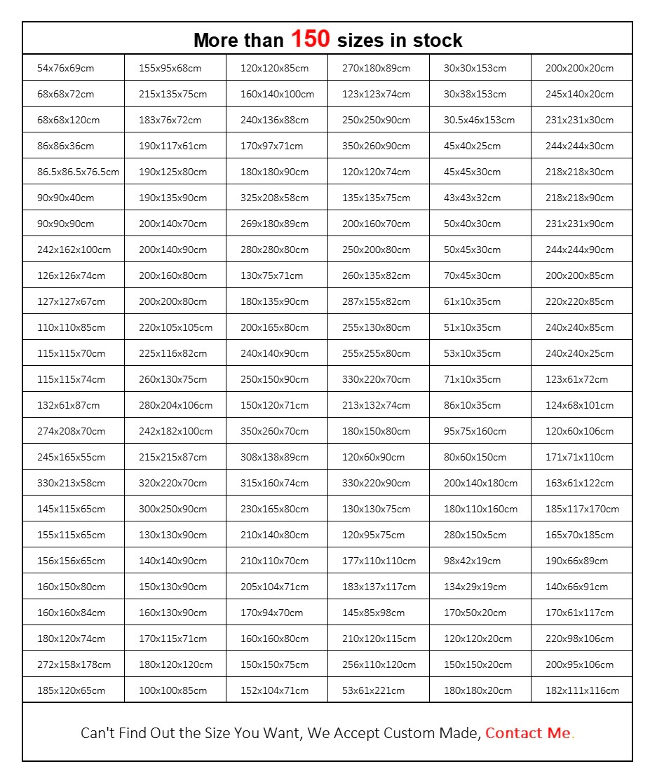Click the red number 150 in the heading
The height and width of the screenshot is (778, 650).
pos(310,39)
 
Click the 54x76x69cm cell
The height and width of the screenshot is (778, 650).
pos(65,68)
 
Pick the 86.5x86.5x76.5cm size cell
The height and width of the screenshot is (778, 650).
pos(78,172)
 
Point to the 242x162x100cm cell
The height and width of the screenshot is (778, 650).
pos(74,250)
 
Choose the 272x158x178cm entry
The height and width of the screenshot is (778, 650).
pos(74,664)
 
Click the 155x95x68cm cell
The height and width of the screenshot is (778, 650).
pos(170,68)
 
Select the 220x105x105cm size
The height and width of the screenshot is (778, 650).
pos(175,327)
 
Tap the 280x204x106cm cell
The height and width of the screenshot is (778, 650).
pos(175,405)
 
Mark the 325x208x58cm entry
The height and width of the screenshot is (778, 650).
pos(274,198)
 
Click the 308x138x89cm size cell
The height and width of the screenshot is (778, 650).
pos(274,457)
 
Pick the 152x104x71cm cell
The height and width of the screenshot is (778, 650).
pos(274,690)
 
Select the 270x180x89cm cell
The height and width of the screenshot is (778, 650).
pos(376,68)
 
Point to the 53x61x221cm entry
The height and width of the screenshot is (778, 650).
pos(373,690)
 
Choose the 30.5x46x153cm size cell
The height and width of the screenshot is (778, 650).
pos(479,120)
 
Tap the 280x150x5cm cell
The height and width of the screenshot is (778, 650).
pos(475,535)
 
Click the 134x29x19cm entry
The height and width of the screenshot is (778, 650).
pos(475,587)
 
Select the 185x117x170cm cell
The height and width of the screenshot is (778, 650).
pos(582,509)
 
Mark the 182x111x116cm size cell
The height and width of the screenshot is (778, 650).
pos(582,690)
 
